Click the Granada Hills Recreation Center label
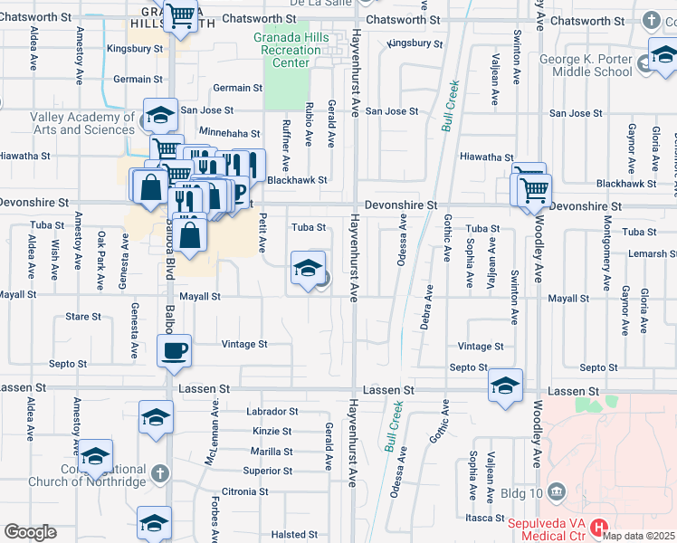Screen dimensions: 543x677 [x=291, y=51]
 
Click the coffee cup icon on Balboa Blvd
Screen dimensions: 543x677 [x=174, y=350]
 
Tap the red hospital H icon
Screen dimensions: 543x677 [x=597, y=527]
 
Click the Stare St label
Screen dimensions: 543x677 [x=83, y=317]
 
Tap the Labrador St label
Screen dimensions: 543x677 [x=272, y=411]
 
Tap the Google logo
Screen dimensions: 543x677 [x=30, y=532]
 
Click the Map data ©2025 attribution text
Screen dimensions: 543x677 [x=637, y=535]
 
